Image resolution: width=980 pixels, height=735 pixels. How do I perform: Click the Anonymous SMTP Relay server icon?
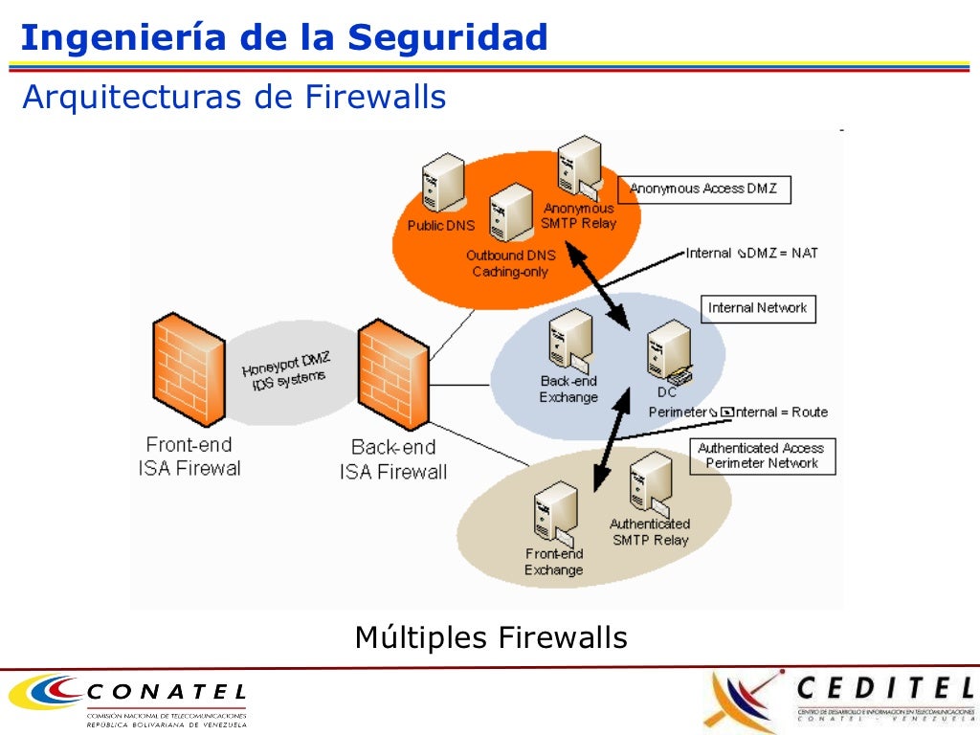[x=579, y=167]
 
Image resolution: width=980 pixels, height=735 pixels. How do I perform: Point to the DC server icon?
[x=669, y=351]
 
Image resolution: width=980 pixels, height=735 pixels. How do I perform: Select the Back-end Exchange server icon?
[x=570, y=342]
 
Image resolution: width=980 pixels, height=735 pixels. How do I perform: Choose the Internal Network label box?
[x=757, y=308]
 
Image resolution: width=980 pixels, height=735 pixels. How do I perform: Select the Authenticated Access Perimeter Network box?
[x=762, y=456]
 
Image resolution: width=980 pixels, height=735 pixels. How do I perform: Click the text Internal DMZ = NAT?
[x=752, y=254]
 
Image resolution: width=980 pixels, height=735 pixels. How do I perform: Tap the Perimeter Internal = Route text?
[x=738, y=412]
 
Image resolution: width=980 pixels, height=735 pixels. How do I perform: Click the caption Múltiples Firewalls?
[x=491, y=637]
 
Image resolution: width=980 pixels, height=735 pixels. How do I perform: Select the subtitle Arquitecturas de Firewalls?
[x=234, y=97]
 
